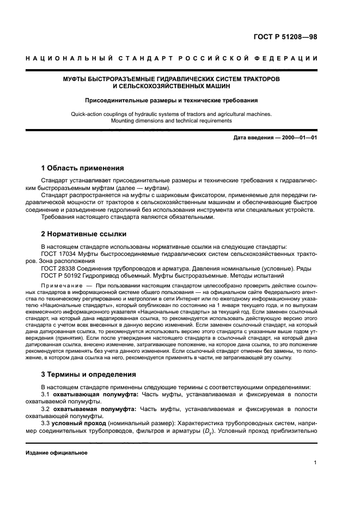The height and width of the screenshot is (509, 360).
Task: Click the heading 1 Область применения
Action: (83, 168)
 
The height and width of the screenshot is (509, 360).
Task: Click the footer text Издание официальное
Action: (57, 452)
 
